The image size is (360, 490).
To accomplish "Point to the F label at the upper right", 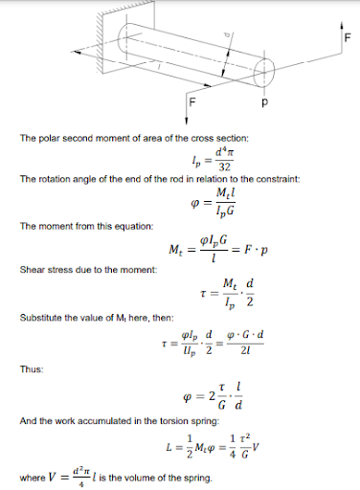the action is click(348, 37).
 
